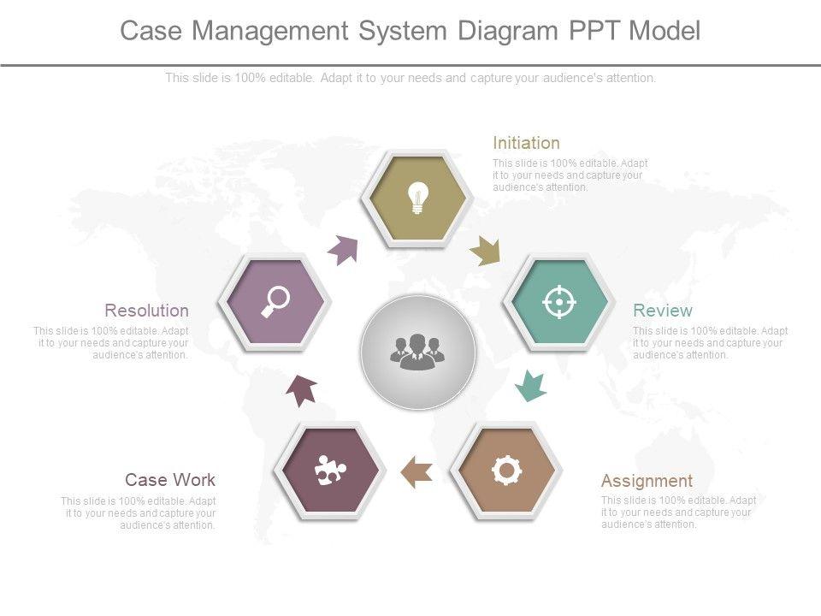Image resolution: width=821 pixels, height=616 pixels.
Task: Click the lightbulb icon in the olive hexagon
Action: tap(416, 198)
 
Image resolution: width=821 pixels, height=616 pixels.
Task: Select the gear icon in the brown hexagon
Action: tap(506, 471)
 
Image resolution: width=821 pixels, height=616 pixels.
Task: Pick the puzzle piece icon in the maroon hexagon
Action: tap(329, 471)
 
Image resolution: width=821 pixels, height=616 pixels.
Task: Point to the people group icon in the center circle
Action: tap(417, 352)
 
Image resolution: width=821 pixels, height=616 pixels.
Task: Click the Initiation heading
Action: tap(526, 143)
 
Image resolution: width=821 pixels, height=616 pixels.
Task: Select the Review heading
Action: tap(662, 311)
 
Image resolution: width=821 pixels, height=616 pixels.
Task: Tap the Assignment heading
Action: tap(647, 480)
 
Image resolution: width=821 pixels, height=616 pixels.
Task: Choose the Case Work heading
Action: tap(170, 479)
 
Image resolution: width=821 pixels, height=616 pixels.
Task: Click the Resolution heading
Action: tap(146, 310)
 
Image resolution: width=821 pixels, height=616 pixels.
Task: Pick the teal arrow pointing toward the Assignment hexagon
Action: tap(531, 386)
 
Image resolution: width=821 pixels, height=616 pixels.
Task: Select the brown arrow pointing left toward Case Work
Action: tap(416, 471)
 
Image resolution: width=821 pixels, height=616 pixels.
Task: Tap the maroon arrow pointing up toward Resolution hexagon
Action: tap(301, 389)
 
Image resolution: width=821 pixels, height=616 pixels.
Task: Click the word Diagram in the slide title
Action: tap(506, 31)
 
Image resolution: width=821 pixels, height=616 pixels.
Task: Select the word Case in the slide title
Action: tap(150, 31)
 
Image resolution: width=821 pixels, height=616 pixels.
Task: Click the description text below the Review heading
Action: tap(710, 343)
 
